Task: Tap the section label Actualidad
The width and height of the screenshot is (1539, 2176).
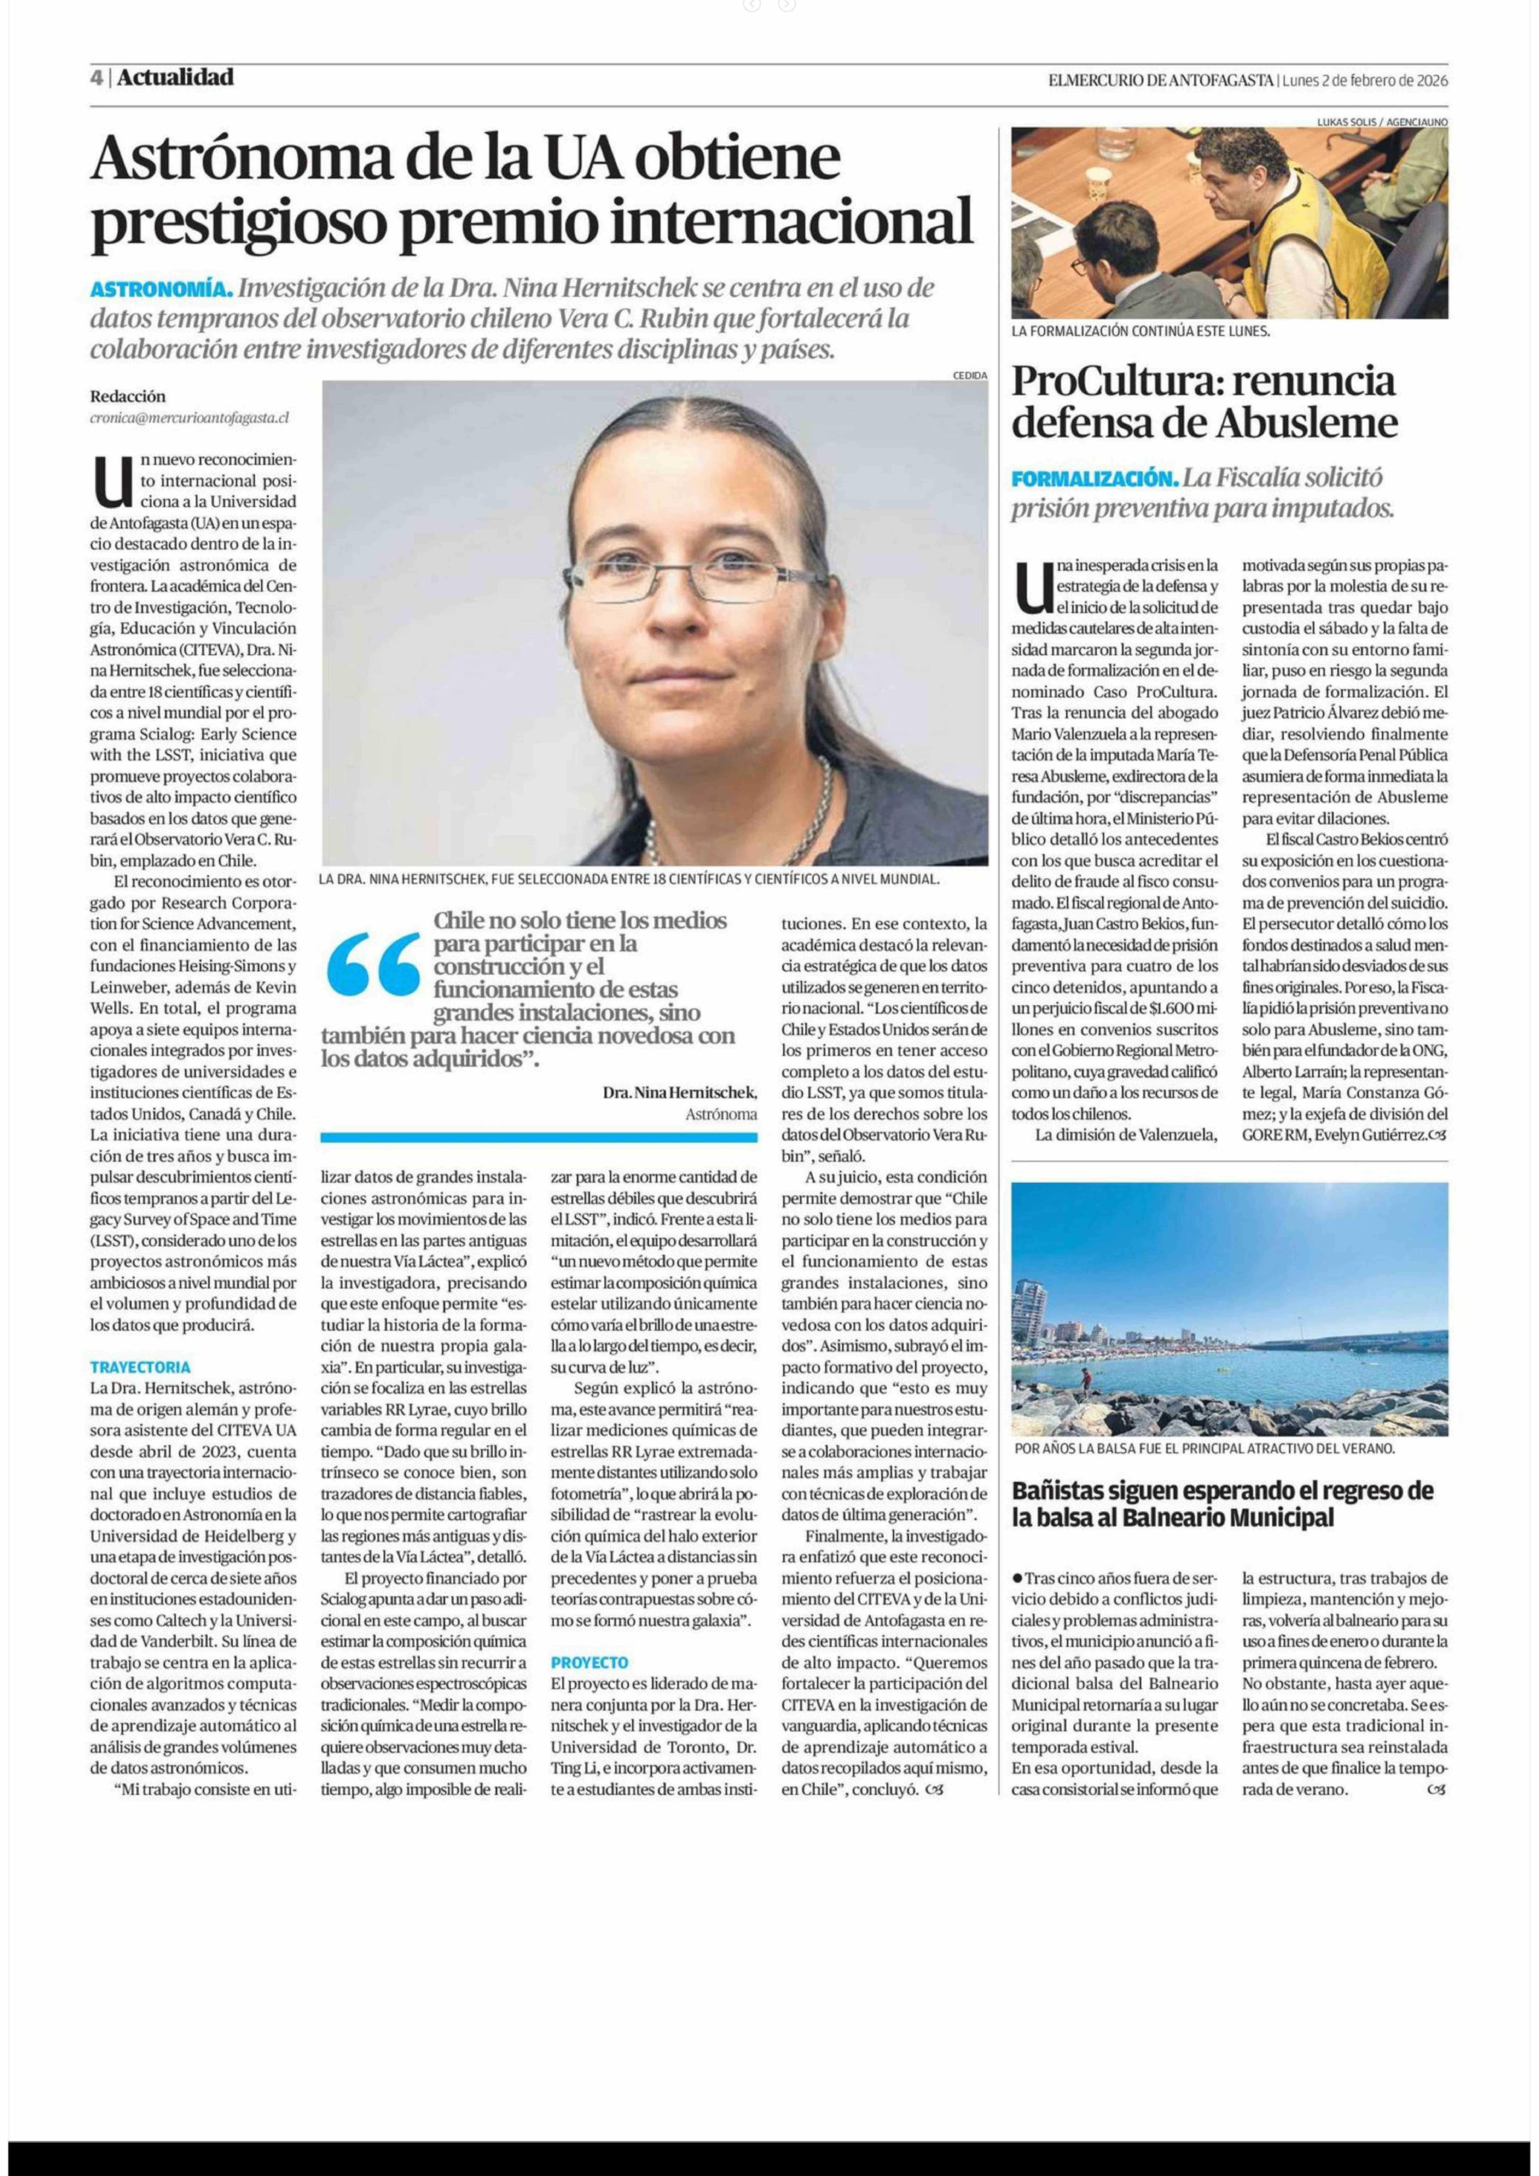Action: point(175,78)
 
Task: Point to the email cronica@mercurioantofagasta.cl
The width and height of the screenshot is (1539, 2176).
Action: point(190,417)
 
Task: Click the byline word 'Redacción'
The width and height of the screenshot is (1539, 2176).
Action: point(128,396)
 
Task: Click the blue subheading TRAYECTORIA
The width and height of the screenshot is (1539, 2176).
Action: point(140,1367)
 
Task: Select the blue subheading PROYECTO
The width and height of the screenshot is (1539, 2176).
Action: point(590,1662)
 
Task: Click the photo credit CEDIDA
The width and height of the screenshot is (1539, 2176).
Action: point(969,375)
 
